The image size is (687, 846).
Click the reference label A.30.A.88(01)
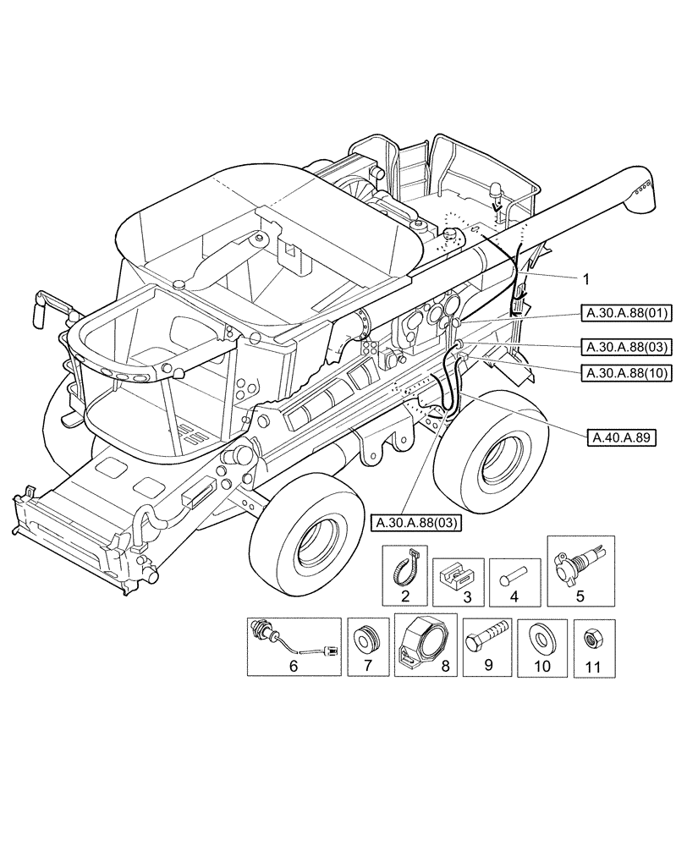pos(625,314)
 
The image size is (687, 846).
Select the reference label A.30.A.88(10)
pos(625,371)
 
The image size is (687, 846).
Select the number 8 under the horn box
pos(445,666)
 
